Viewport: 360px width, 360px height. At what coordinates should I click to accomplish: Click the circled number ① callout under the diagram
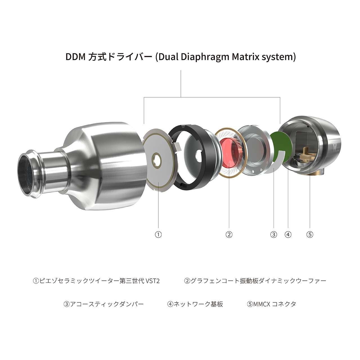coord(158,235)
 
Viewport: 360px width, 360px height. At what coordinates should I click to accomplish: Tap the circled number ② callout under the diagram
coord(229,235)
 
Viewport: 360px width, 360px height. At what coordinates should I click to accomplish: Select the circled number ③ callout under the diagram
coord(274,235)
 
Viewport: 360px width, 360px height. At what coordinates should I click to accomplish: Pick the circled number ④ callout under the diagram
coord(288,235)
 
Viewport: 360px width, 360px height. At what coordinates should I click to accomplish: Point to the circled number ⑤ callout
coord(310,235)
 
